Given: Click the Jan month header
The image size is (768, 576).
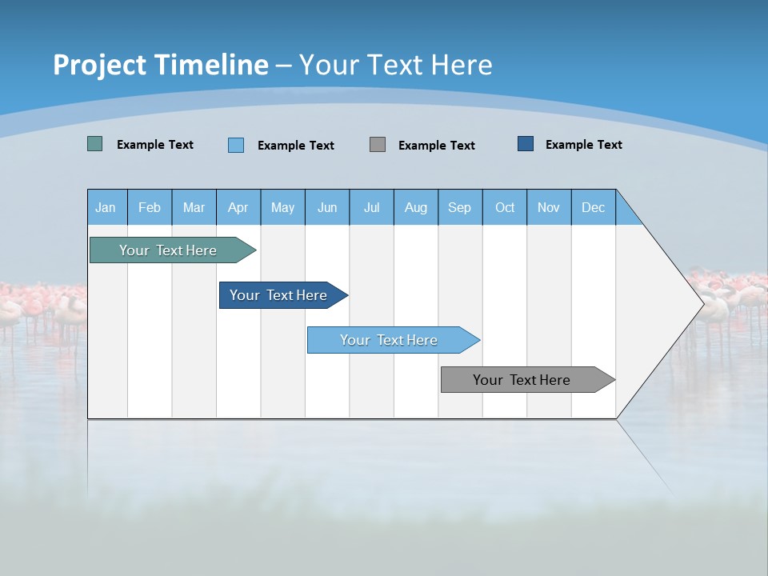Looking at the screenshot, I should pos(106,207).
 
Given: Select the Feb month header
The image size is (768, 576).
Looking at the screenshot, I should pos(150,207).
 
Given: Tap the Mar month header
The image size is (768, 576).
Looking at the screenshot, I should pos(194,207).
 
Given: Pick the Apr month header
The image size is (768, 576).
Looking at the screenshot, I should pos(238,207).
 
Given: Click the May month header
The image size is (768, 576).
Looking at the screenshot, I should pos(282,207).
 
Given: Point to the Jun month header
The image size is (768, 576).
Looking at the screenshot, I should pos(327,207).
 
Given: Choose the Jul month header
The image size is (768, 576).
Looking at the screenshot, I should pos(371,207).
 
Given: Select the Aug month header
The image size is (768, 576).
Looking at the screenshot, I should pos(416,207).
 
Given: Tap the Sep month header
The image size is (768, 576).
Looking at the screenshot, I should pos(460,207).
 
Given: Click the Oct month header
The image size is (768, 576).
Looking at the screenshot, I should pos(505,207).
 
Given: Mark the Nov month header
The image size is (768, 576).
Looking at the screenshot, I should pos(549,207).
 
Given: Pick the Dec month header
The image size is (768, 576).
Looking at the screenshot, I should pos(594,207).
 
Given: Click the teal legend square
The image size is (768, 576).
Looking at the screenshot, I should pos(95,144).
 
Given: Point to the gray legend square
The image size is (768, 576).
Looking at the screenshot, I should pos(378,144).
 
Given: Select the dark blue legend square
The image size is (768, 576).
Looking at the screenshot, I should pos(526,144).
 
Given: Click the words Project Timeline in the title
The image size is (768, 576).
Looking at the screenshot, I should pos(161,65).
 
